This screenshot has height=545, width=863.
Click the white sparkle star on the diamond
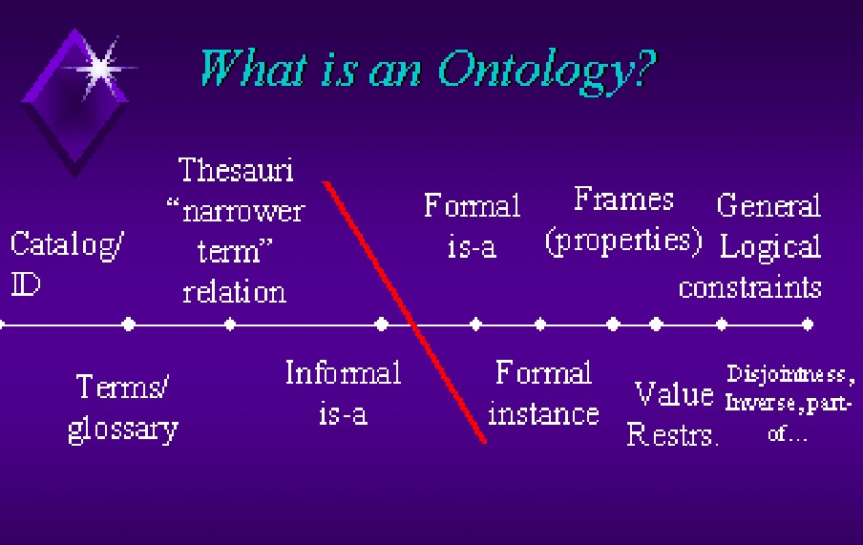click(x=100, y=69)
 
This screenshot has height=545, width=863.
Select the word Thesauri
click(x=236, y=169)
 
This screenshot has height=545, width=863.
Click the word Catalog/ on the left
click(x=67, y=244)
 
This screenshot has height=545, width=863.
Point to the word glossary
click(x=123, y=430)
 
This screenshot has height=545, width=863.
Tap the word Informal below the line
click(x=343, y=372)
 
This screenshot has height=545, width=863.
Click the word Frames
click(x=623, y=199)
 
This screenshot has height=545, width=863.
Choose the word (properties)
click(x=623, y=241)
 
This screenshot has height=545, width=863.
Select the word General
click(x=768, y=205)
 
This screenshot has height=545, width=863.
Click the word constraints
click(x=750, y=287)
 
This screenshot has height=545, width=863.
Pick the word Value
click(x=674, y=394)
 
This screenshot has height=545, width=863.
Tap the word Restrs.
click(x=673, y=434)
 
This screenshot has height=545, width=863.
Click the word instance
click(x=543, y=414)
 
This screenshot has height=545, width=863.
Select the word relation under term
click(x=235, y=292)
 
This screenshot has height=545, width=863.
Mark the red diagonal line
click(x=405, y=311)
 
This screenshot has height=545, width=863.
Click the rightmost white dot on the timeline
click(x=808, y=325)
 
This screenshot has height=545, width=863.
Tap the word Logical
click(x=770, y=247)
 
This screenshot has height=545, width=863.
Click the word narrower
click(x=243, y=212)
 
